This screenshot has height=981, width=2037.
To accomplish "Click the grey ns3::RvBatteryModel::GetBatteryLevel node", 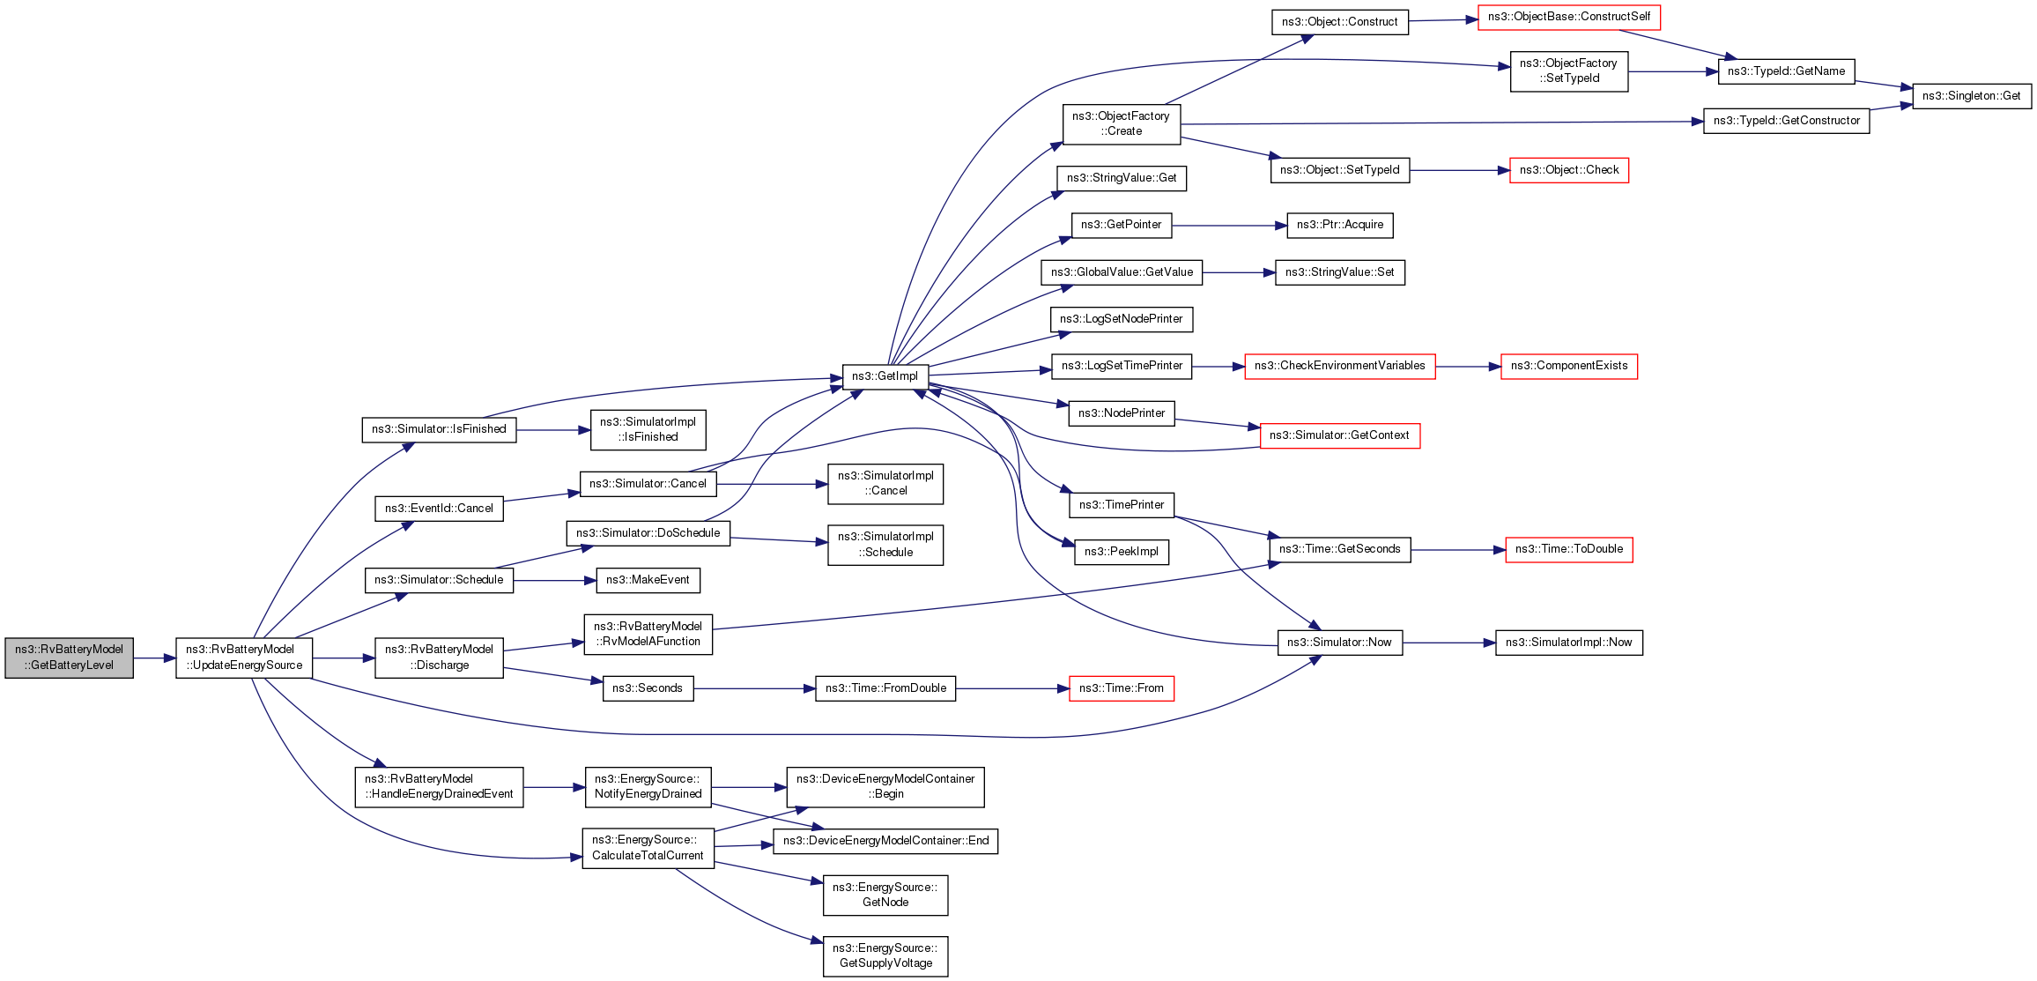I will [69, 658].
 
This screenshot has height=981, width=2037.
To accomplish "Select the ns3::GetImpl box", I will [885, 376].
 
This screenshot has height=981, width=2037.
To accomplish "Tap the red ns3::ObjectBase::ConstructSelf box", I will [1568, 17].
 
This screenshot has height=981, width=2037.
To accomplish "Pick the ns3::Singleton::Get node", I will [1971, 96].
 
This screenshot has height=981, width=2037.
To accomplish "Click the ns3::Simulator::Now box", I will [1339, 643].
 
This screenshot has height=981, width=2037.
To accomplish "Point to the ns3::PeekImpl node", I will [1121, 552].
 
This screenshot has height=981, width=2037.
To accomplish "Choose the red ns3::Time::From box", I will [1121, 688].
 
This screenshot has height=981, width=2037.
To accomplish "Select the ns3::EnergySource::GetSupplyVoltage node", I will [885, 955].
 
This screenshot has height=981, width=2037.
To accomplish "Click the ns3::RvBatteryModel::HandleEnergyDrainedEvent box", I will [439, 786].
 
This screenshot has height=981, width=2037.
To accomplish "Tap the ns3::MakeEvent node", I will [648, 580].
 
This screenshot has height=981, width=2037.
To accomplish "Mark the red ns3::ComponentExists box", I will [1568, 366].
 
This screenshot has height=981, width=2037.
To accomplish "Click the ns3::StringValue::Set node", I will [1339, 272].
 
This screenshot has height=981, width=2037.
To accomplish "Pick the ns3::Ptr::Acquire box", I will [1339, 225].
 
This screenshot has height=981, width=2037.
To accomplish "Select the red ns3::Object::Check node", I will [1568, 170].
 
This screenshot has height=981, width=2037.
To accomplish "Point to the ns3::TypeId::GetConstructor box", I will [1786, 121].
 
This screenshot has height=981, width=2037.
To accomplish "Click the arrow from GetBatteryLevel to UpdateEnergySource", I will [154, 658].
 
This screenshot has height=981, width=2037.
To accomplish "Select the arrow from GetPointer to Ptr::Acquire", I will [1229, 226].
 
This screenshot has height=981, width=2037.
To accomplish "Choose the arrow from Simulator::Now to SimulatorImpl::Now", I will [1448, 643].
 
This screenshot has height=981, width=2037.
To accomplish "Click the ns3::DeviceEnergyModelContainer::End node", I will [885, 841].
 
